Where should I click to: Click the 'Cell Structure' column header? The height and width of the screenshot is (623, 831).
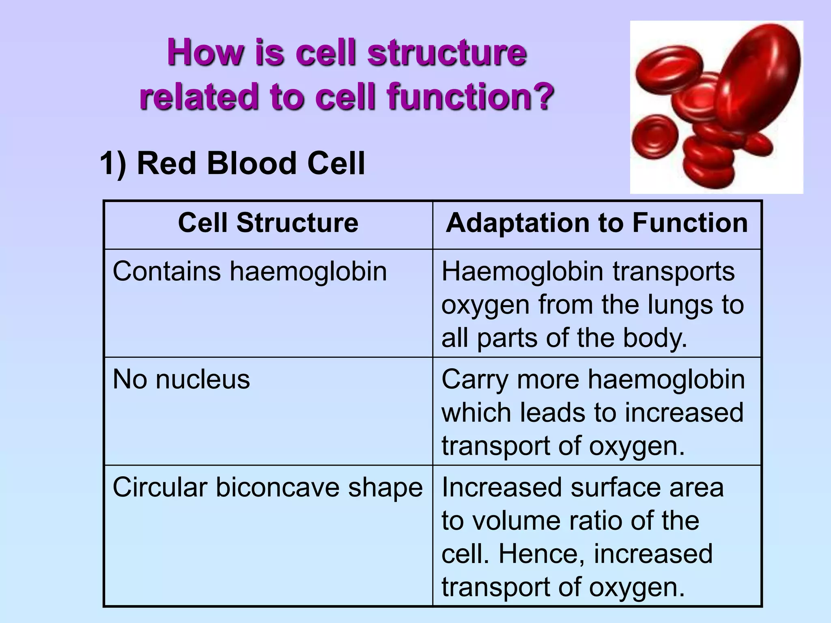(x=268, y=223)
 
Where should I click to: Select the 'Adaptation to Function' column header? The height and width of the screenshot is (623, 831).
(x=596, y=223)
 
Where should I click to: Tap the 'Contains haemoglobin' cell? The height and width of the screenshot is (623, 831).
(x=250, y=271)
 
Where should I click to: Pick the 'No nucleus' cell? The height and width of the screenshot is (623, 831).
(x=181, y=380)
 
